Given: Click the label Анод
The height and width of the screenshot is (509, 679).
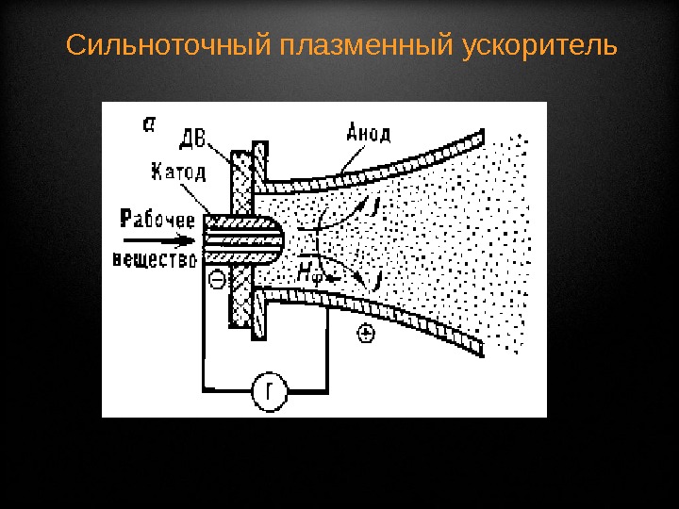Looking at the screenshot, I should coord(368,133).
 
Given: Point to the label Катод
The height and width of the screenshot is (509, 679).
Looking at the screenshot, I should coord(182,172).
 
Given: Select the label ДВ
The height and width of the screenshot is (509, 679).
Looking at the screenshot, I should coord(192,139).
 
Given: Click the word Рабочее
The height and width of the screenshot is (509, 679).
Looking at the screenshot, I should coord(157,221).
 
